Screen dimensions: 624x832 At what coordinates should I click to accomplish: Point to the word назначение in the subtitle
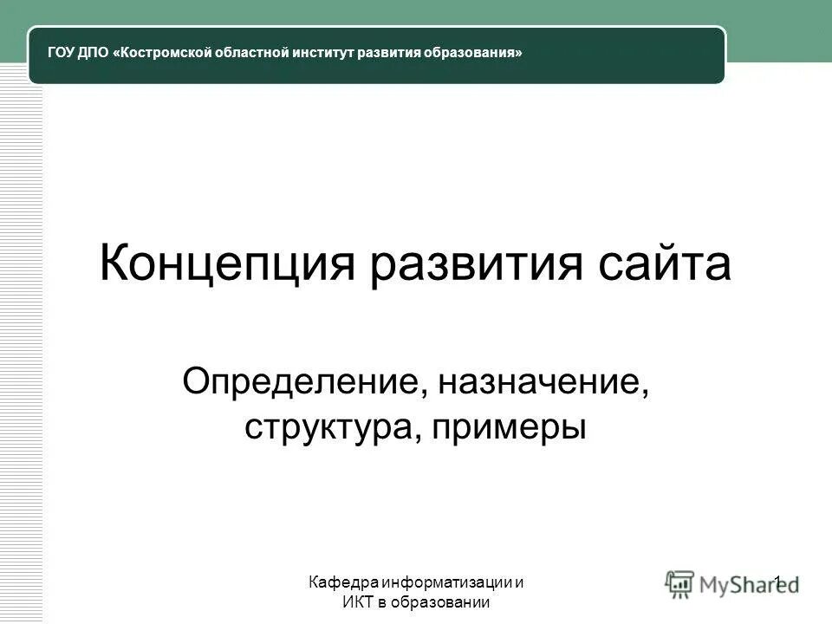(x=543, y=382)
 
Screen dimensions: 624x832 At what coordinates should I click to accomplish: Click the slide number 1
(x=778, y=582)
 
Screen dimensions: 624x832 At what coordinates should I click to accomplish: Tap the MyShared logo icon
(x=680, y=584)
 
